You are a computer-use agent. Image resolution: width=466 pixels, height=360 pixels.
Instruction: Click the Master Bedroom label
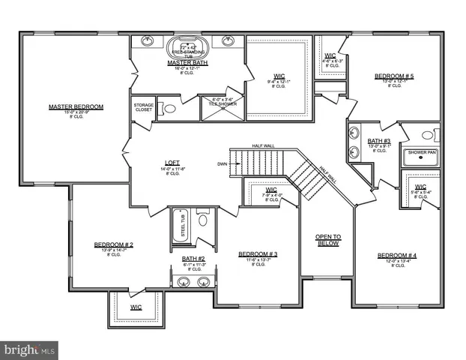tap(76, 106)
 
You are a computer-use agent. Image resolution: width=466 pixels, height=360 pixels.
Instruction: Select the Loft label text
tap(172, 163)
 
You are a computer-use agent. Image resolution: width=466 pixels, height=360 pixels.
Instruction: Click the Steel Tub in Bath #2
tap(182, 224)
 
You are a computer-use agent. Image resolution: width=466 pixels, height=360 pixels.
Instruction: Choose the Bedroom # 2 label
tap(114, 244)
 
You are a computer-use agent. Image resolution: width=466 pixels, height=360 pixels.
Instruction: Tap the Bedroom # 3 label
tap(258, 254)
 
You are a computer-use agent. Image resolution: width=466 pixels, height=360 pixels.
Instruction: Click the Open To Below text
tap(327, 240)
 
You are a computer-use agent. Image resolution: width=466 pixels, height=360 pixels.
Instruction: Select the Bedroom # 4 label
tap(397, 256)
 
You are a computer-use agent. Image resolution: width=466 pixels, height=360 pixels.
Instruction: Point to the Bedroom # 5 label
tap(394, 76)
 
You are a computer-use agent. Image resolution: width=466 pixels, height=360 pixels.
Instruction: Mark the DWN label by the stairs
tap(222, 163)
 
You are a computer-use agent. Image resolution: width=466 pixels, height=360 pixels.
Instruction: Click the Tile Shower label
tap(224, 101)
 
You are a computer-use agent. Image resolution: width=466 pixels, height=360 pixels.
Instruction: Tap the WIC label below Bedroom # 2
tap(136, 307)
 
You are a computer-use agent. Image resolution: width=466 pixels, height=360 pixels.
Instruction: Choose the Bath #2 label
tap(193, 259)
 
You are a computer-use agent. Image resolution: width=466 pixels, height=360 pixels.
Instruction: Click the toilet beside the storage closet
tap(170, 109)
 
